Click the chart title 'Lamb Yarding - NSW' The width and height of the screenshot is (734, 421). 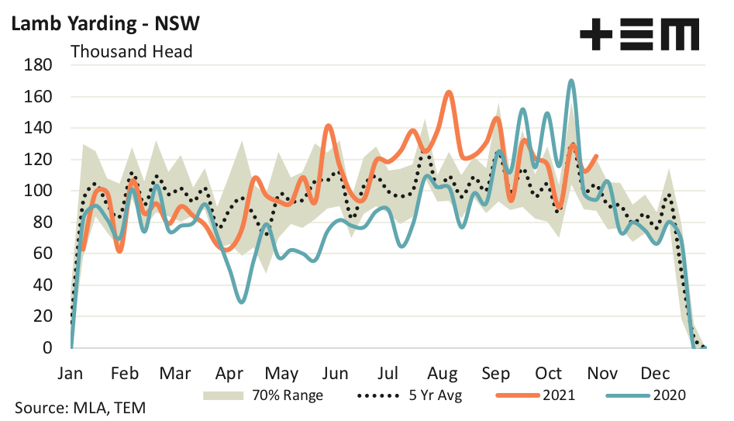coord(105,23)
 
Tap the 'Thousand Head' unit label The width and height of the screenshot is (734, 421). coord(131,52)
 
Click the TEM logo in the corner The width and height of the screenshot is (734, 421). coord(639,34)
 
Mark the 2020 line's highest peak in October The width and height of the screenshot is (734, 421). coord(570,81)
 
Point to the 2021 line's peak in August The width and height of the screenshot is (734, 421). coord(450,92)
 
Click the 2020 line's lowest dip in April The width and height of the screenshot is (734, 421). coord(243,302)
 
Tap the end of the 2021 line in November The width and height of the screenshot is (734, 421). coord(596,156)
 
